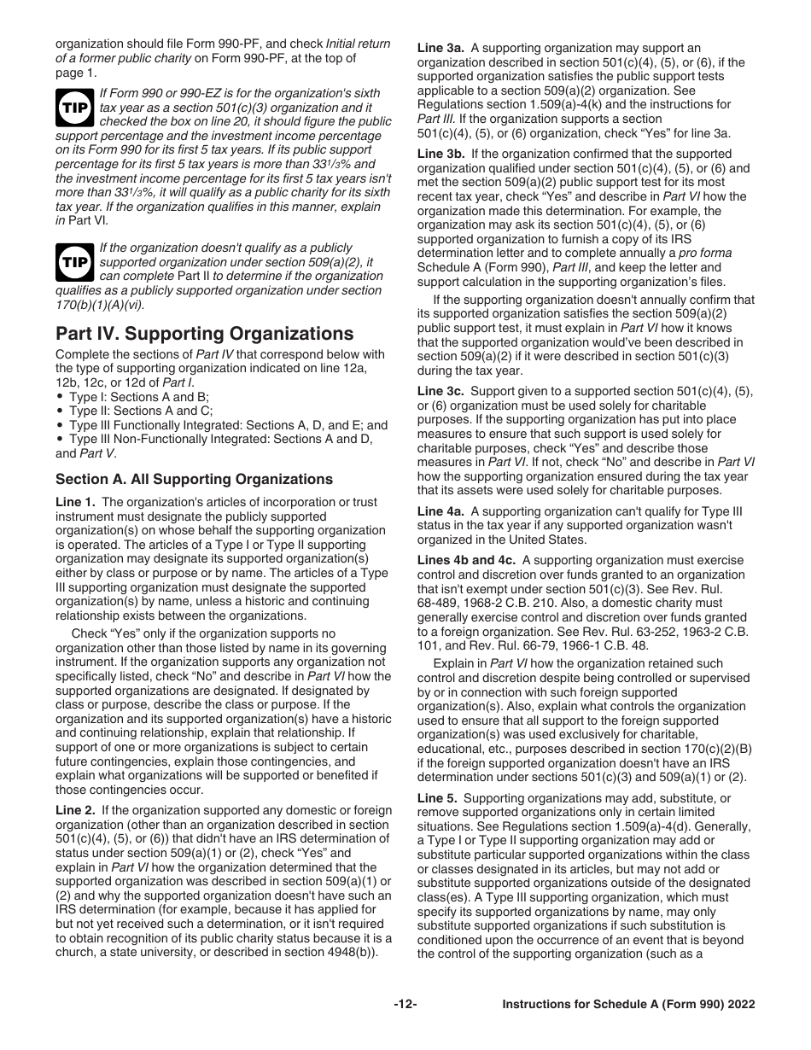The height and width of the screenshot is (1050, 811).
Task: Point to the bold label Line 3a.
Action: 441,48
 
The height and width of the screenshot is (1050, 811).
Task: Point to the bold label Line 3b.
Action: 441,154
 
